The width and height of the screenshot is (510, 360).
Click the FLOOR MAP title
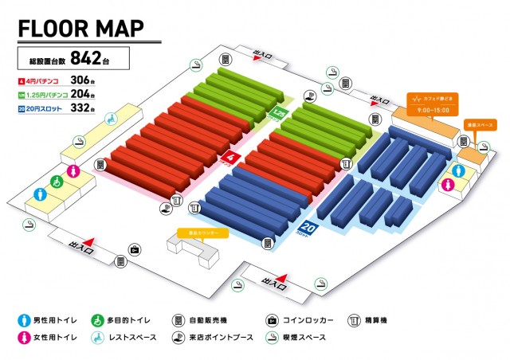pyautogui.click(x=80, y=28)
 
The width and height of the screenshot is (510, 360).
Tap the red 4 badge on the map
pyautogui.click(x=230, y=158)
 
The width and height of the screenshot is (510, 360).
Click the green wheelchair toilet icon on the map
pyautogui.click(x=57, y=182)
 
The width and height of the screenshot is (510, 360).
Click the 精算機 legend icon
pyautogui.click(x=353, y=320)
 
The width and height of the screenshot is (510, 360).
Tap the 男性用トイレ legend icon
pyautogui.click(x=21, y=320)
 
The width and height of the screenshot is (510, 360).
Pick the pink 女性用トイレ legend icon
pyautogui.click(x=21, y=338)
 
